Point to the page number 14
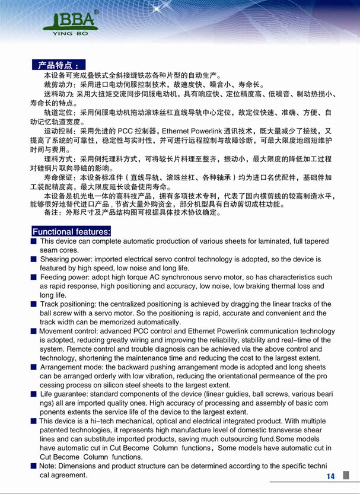tap(330, 476)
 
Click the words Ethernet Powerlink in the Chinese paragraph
tap(194, 130)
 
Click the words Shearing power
tap(63, 259)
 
